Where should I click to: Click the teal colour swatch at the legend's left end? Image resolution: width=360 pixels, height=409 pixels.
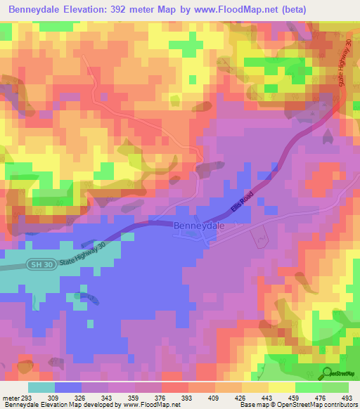[41, 387]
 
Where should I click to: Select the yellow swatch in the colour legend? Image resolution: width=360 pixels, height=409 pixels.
[282, 387]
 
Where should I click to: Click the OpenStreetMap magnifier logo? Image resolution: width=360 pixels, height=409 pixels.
[327, 373]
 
